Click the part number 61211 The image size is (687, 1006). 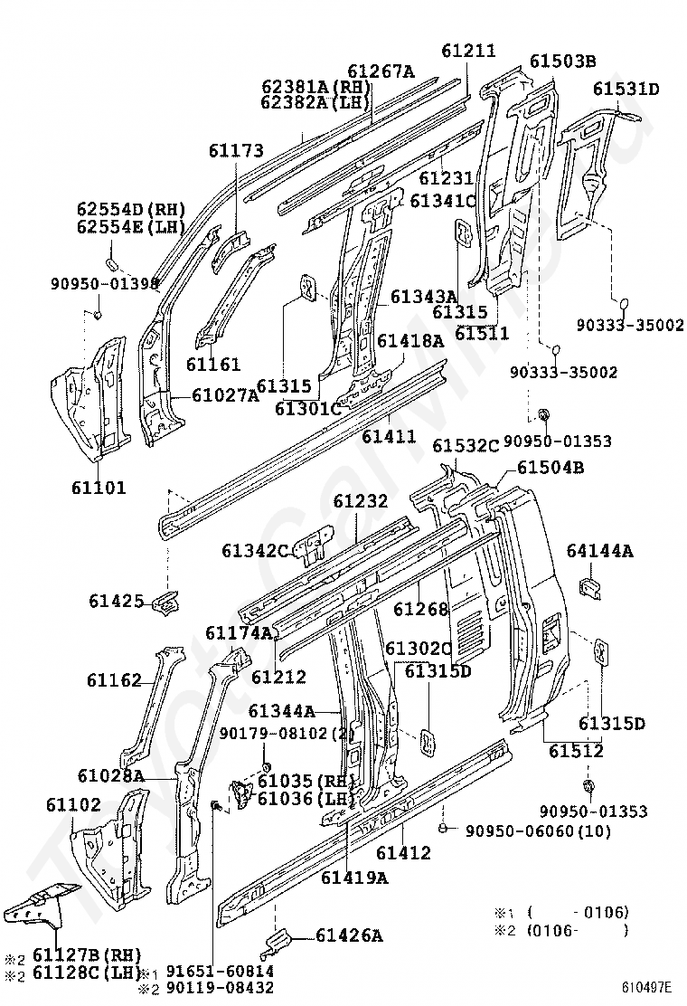pyautogui.click(x=469, y=51)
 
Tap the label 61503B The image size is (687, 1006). pyautogui.click(x=562, y=61)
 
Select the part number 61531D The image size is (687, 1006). pyautogui.click(x=626, y=90)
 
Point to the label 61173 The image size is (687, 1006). pyautogui.click(x=236, y=151)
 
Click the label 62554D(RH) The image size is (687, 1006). pyautogui.click(x=131, y=209)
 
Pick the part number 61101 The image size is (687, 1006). pyautogui.click(x=99, y=488)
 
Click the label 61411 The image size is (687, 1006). pyautogui.click(x=389, y=436)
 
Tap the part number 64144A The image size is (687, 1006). pyautogui.click(x=600, y=550)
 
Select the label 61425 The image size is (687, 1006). pyautogui.click(x=116, y=602)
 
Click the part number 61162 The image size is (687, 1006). pyautogui.click(x=114, y=680)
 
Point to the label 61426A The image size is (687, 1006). pyautogui.click(x=349, y=936)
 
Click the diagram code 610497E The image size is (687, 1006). pyautogui.click(x=645, y=987)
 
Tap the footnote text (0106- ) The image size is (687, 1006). pyautogui.click(x=578, y=931)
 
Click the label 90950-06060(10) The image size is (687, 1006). pyautogui.click(x=539, y=831)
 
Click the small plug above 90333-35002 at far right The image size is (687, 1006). pyautogui.click(x=622, y=303)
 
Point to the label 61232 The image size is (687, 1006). pyautogui.click(x=360, y=501)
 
